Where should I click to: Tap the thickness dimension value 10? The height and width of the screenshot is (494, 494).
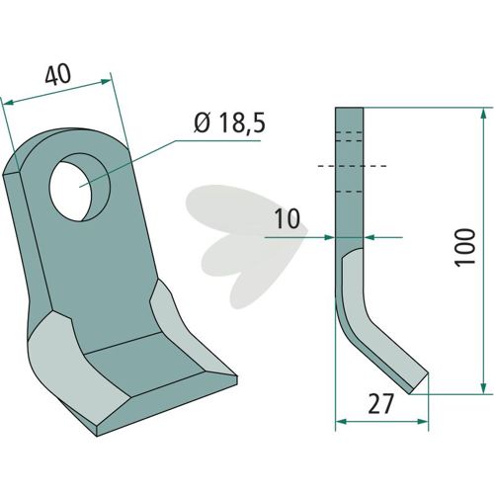288,218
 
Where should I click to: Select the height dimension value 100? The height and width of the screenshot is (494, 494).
464,247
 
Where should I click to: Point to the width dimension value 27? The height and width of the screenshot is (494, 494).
381,404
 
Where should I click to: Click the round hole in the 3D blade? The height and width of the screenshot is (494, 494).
79,187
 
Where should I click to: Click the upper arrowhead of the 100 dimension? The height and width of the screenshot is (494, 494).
483,114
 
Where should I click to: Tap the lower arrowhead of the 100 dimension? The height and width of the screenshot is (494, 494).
483,387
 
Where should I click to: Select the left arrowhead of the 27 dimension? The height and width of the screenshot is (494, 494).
341,422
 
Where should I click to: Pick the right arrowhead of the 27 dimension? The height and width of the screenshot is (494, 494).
423,422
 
